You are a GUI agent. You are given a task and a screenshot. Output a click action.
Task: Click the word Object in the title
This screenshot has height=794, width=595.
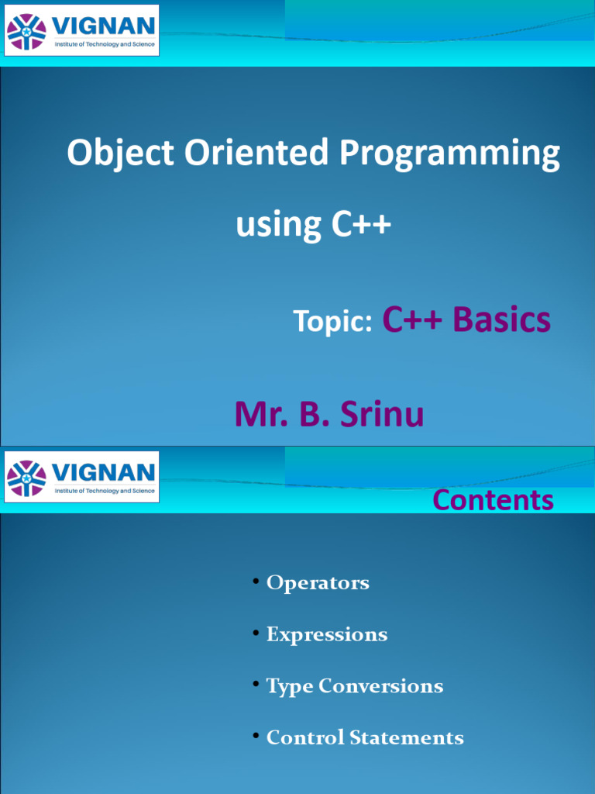(121, 153)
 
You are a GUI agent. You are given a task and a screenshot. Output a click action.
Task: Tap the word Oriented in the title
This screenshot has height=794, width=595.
(256, 151)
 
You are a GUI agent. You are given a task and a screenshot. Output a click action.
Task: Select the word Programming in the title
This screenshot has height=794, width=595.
(449, 153)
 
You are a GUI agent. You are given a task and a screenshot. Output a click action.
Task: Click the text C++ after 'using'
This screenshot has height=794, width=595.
(361, 223)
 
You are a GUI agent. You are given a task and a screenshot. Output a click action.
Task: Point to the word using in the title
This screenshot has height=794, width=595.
(279, 226)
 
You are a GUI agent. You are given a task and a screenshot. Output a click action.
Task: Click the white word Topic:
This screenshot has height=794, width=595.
(333, 321)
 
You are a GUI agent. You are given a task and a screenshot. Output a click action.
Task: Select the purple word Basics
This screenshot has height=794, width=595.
(501, 319)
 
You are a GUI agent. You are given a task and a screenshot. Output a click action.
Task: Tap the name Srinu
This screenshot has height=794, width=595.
(382, 414)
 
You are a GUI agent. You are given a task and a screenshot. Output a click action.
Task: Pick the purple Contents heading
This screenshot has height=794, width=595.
(494, 500)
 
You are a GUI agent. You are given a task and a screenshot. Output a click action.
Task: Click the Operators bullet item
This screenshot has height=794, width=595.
(318, 583)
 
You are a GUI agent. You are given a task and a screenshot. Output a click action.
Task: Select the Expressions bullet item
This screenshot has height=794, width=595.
(327, 635)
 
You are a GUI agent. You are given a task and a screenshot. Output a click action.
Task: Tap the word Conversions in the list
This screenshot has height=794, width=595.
(380, 686)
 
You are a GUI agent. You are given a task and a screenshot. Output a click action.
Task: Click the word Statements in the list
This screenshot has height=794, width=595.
(407, 738)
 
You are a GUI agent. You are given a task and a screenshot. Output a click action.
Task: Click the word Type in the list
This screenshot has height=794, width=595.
(290, 687)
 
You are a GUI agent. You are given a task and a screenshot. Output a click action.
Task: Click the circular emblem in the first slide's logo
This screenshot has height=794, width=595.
(26, 32)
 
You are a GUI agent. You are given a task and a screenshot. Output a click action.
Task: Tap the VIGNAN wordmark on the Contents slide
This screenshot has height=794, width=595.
(103, 472)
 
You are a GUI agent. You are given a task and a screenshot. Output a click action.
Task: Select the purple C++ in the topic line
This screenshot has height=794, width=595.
(412, 319)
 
